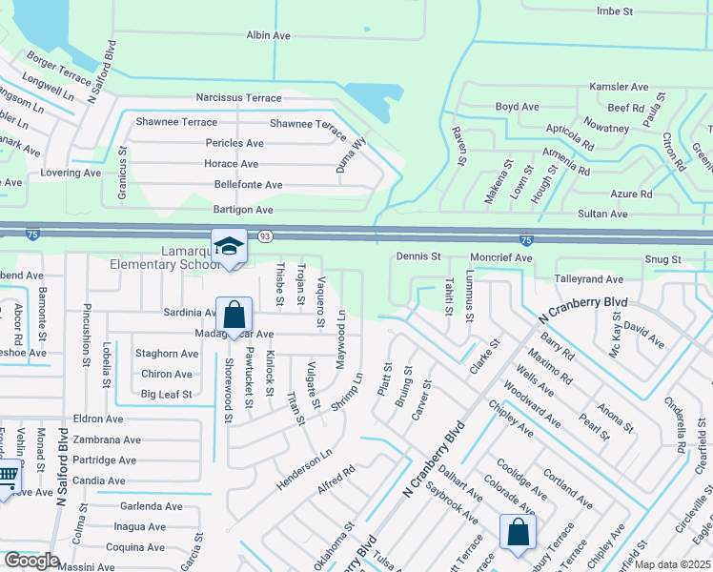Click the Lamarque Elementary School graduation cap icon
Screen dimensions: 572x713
(229, 247)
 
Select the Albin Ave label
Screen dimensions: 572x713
(268, 35)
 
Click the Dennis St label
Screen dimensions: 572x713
(418, 257)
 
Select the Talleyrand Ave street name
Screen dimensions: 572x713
(589, 279)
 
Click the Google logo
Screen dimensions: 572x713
(31, 560)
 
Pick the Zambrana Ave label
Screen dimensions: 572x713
(107, 440)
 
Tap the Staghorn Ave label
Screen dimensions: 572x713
(166, 353)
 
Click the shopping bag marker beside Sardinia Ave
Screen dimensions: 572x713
(234, 314)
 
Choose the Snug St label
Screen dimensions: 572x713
(662, 259)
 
